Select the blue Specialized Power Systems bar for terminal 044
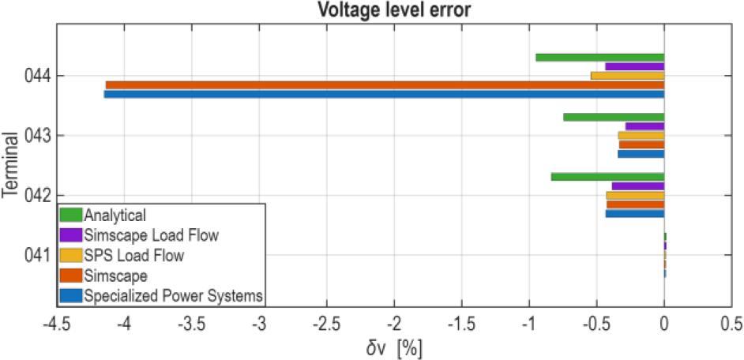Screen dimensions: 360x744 pos(384,94)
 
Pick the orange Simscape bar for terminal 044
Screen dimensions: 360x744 pos(385,84)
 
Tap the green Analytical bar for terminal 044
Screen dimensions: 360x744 pos(599,57)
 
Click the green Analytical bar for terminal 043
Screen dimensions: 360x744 pos(614,117)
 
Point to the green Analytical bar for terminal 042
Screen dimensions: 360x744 pos(607,177)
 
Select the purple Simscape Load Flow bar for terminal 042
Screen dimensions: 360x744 pos(637,186)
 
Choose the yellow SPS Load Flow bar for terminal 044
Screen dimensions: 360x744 pos(627,76)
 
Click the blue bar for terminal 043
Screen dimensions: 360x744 pos(641,154)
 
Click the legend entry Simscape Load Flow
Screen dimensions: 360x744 pos(150,234)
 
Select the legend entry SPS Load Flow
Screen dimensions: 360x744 pos(133,255)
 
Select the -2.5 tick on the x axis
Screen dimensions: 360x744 pos(327,324)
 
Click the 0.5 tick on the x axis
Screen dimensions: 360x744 pos(731,324)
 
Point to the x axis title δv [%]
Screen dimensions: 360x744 pos(393,347)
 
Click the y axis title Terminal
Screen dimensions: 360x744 pos(10,166)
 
